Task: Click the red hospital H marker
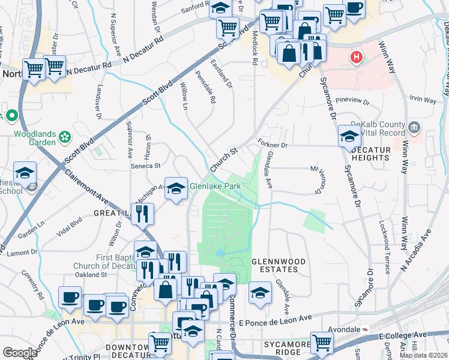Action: pyautogui.click(x=357, y=58)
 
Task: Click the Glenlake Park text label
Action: pyautogui.click(x=215, y=187)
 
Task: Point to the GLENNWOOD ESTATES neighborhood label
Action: pyautogui.click(x=278, y=266)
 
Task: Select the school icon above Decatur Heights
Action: pyautogui.click(x=349, y=136)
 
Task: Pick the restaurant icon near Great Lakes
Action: pyautogui.click(x=142, y=214)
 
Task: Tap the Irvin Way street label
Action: pyautogui.click(x=422, y=100)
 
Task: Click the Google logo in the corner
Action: pyautogui.click(x=20, y=353)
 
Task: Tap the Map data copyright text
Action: pyautogui.click(x=423, y=355)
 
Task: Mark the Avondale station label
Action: pyautogui.click(x=342, y=329)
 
